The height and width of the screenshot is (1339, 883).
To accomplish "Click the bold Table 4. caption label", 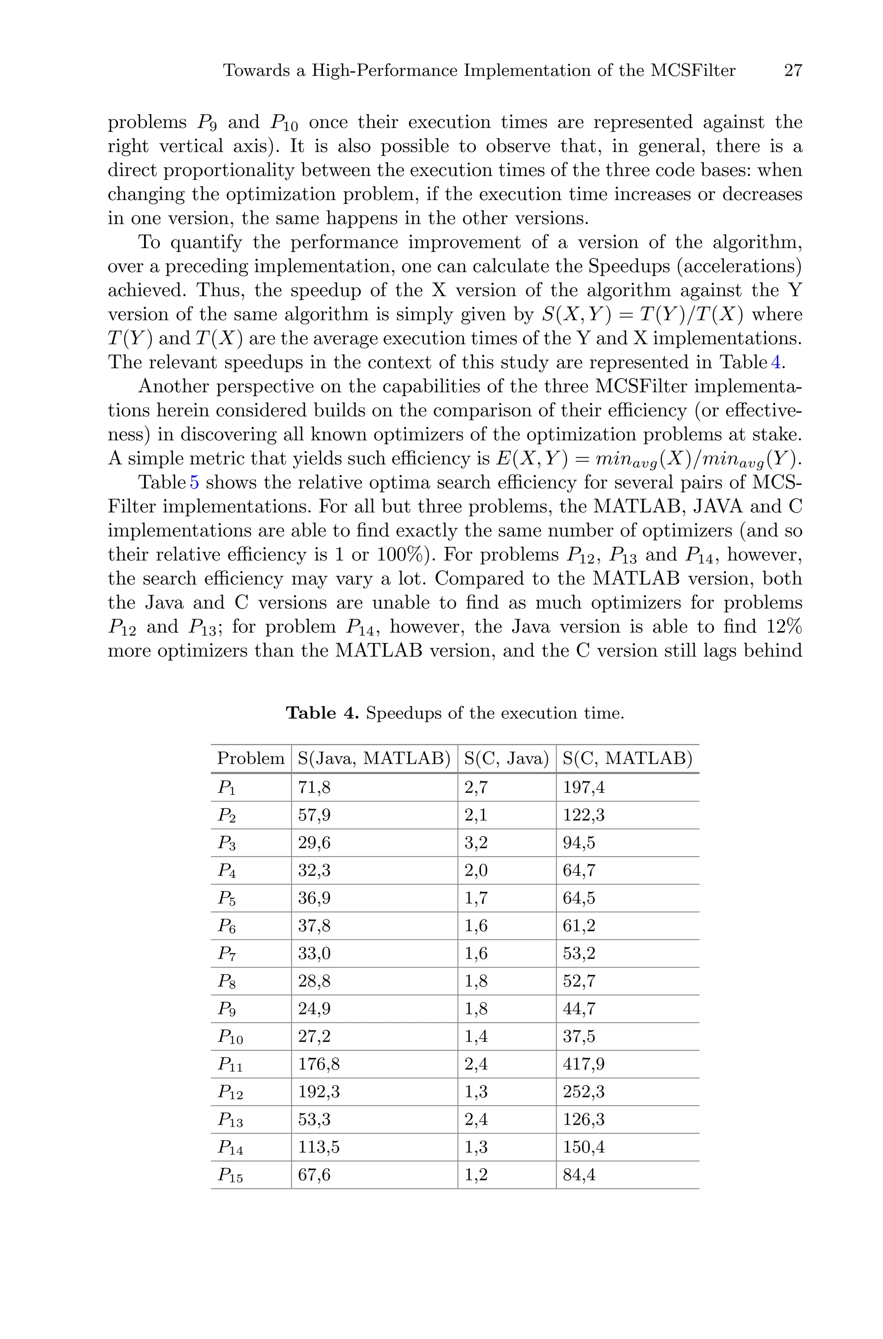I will click(322, 713).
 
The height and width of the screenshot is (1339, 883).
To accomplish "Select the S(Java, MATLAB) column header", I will click(374, 759).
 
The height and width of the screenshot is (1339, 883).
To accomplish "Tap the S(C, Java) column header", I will click(506, 759).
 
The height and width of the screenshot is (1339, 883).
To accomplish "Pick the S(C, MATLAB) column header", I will click(627, 759).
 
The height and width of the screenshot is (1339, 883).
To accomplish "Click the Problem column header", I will click(250, 759).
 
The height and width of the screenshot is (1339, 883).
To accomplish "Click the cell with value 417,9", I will click(583, 1064).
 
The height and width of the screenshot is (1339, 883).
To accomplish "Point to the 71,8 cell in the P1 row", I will click(314, 787).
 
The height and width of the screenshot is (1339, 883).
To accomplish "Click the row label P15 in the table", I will click(230, 1175).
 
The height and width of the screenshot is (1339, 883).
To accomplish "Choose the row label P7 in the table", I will click(227, 954).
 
